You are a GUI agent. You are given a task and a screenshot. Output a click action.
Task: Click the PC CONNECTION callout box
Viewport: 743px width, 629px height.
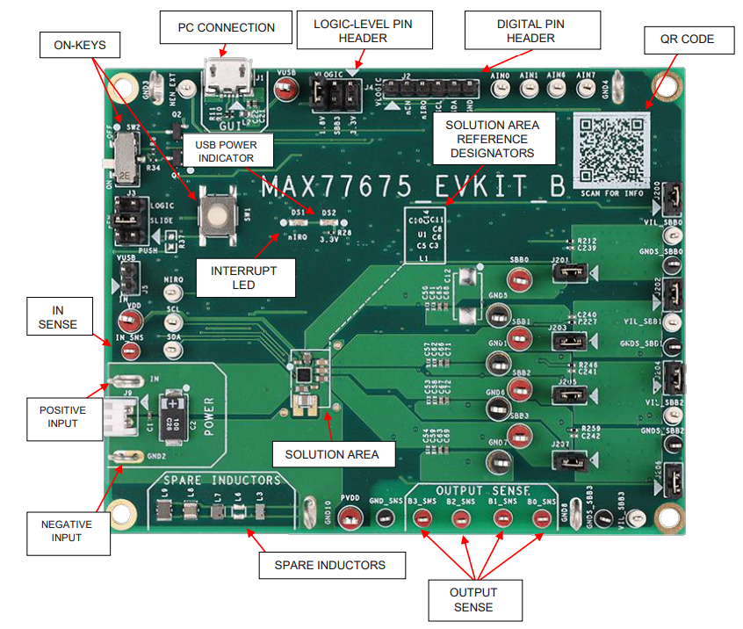(x=226, y=27)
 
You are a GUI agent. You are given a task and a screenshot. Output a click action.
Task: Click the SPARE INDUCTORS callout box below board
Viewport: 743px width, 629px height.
(x=333, y=565)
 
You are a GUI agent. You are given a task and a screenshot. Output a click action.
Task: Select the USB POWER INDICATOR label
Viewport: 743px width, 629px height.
(x=224, y=150)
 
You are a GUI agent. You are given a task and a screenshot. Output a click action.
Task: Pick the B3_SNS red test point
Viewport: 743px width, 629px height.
(x=422, y=518)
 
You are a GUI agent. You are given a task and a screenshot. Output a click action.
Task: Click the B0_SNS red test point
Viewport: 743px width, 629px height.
(x=543, y=518)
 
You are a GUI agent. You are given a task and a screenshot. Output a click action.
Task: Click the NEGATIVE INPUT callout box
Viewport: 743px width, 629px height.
(x=66, y=531)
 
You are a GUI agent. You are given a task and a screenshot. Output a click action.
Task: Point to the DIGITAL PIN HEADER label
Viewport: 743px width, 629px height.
(x=531, y=31)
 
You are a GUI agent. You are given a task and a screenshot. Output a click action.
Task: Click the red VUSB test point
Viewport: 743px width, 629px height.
(x=285, y=89)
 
